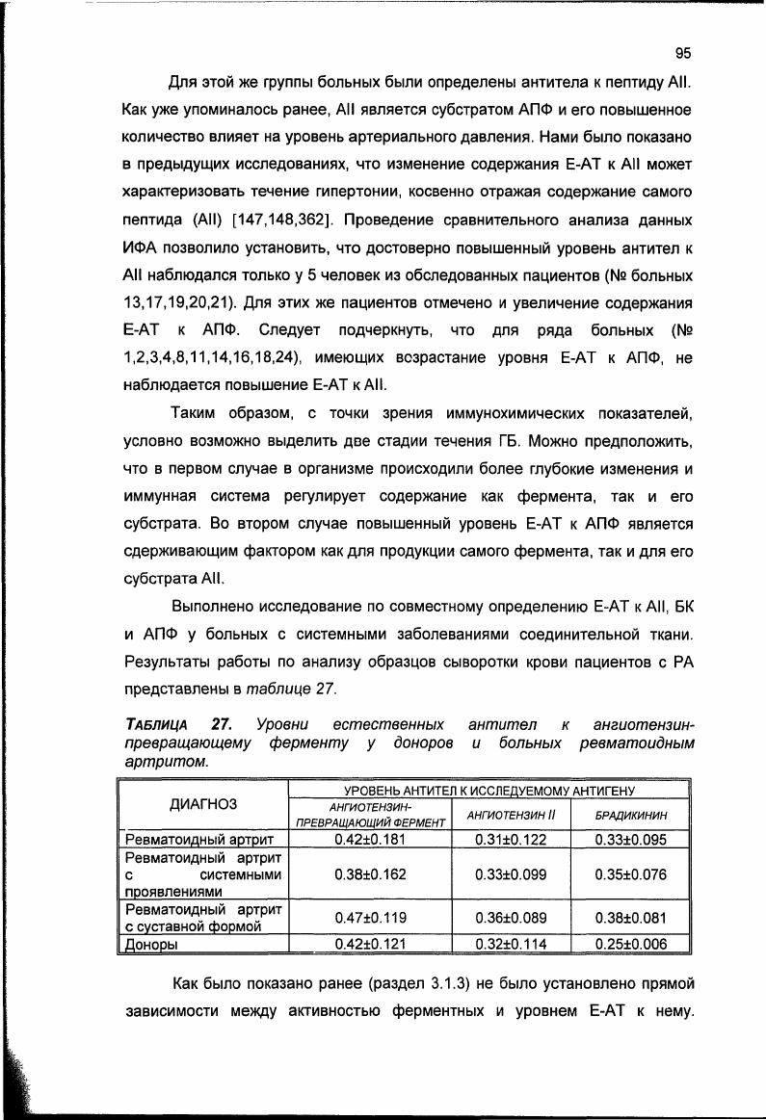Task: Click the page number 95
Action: (684, 53)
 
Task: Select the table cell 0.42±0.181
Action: (370, 839)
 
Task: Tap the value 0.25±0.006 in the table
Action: (631, 944)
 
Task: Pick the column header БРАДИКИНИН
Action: (631, 816)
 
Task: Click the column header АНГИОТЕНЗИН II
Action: (511, 816)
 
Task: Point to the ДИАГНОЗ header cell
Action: (203, 805)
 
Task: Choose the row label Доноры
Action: (153, 944)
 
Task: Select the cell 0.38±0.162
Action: (370, 874)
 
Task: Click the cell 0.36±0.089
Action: (511, 918)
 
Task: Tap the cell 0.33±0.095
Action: (631, 839)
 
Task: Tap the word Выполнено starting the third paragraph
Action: (213, 607)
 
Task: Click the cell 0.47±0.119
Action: (370, 918)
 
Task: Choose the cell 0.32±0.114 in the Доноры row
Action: (511, 944)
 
